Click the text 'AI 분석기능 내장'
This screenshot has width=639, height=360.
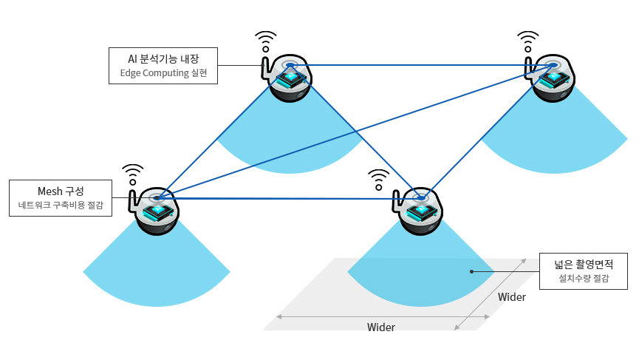click(163, 58)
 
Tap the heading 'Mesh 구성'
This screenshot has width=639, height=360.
click(61, 191)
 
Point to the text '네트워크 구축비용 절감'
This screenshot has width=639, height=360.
click(61, 206)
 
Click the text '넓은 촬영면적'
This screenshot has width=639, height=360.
click(583, 263)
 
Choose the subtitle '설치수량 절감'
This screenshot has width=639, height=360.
click(583, 279)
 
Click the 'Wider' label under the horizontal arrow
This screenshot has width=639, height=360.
click(381, 327)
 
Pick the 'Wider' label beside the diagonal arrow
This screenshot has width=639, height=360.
click(512, 297)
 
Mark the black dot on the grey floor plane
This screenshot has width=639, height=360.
click(471, 271)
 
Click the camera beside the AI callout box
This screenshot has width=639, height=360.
click(287, 78)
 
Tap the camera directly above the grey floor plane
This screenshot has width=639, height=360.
click(419, 210)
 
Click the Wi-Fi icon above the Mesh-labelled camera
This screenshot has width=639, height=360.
click(133, 174)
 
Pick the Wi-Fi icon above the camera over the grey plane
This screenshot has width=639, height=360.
click(379, 180)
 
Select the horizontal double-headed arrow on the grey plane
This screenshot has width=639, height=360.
click(383, 316)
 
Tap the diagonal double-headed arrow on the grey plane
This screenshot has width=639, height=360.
click(492, 293)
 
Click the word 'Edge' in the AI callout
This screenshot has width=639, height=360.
click(131, 73)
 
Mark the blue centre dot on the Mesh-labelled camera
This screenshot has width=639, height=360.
click(157, 197)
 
